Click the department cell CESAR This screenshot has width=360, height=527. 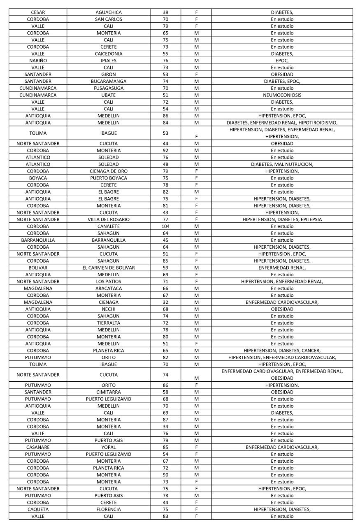click(38, 12)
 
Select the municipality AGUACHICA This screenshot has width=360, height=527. click(109, 12)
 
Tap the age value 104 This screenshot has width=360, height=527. click(165, 226)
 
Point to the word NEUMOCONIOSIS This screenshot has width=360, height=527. click(282, 95)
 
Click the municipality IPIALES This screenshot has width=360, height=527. click(109, 61)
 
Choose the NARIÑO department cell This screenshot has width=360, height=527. click(38, 61)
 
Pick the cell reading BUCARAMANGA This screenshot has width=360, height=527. click(109, 82)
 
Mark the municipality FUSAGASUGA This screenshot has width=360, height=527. click(109, 88)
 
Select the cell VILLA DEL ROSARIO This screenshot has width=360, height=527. click(109, 219)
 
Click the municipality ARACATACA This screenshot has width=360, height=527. click(109, 289)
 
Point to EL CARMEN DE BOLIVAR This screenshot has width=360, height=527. click(109, 268)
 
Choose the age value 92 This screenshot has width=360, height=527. click(165, 151)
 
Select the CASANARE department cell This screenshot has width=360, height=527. click(38, 447)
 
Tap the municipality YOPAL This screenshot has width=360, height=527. click(109, 447)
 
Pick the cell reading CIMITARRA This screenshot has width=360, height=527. click(109, 392)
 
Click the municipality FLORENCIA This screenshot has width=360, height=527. click(109, 509)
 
